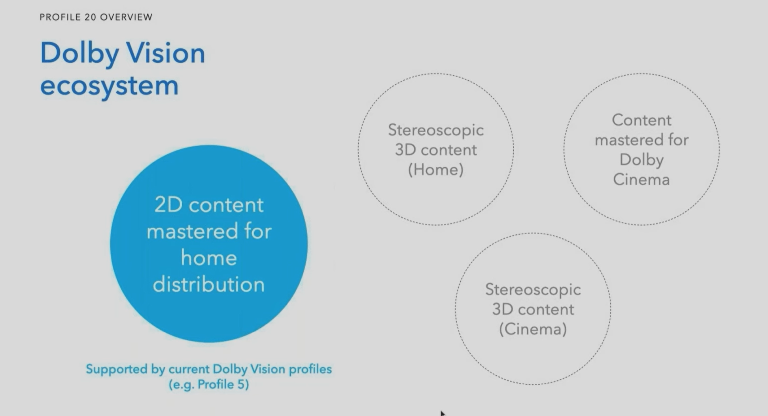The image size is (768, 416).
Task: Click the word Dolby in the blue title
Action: click(79, 53)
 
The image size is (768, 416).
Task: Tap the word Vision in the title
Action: click(166, 53)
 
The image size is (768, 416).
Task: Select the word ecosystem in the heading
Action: click(109, 86)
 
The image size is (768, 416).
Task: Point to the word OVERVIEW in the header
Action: click(126, 17)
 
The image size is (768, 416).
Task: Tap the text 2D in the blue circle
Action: click(168, 205)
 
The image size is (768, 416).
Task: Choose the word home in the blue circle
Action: click(209, 258)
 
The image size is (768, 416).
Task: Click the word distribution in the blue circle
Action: click(209, 284)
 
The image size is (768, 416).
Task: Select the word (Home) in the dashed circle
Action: click(436, 170)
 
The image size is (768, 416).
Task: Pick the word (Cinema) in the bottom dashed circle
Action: click(533, 329)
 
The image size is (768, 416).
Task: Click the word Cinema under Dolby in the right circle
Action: click(641, 180)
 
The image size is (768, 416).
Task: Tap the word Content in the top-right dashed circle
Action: click(641, 120)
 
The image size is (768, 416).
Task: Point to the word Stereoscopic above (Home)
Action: click(436, 130)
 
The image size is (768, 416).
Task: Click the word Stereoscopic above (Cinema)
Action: click(533, 290)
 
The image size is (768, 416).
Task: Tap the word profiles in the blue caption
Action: click(310, 370)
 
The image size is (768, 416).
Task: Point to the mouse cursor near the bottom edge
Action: click(443, 413)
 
